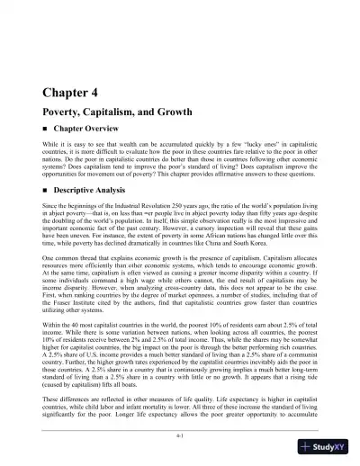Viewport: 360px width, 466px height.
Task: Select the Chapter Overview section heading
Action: point(89,129)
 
